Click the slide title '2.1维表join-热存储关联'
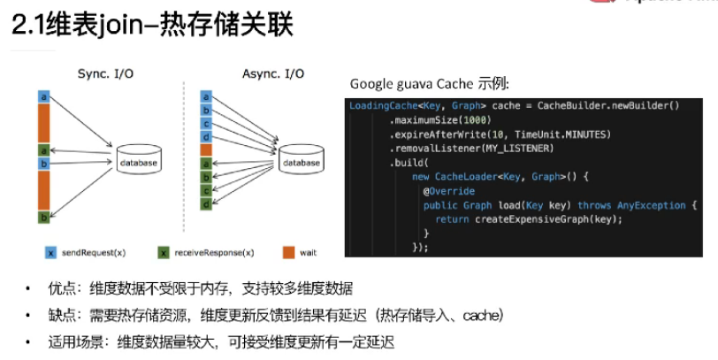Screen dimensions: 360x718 coord(151,24)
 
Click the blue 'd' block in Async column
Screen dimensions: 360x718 coord(205,137)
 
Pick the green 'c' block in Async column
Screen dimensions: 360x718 coord(205,191)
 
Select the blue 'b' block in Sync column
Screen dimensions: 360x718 coord(42,165)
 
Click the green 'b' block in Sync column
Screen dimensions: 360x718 coord(42,217)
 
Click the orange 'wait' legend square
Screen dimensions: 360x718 coord(288,253)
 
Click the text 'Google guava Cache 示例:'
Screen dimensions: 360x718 coord(430,84)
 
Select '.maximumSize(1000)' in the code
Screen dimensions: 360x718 coord(439,120)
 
